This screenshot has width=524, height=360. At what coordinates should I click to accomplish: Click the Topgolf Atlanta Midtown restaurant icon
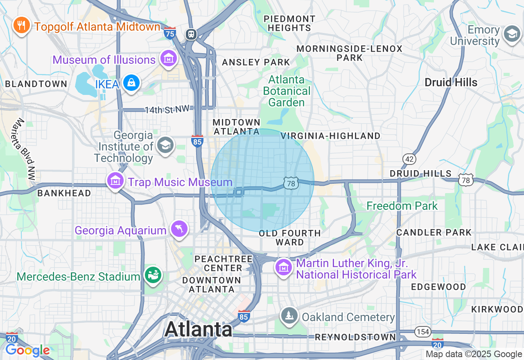click(x=21, y=26)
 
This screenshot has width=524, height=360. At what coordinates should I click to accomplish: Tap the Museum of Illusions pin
click(x=168, y=59)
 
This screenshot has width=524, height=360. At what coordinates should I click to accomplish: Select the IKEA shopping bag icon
click(x=131, y=83)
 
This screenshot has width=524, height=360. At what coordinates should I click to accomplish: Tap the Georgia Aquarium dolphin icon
click(x=179, y=228)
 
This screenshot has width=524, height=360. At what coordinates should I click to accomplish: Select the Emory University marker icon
click(x=512, y=34)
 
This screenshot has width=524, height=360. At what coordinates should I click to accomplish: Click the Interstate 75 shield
click(x=169, y=33)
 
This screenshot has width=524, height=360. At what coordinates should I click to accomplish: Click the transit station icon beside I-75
click(x=191, y=34)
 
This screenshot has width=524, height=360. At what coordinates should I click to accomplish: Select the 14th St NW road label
click(x=167, y=110)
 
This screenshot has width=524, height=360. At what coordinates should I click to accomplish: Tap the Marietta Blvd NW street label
click(x=26, y=149)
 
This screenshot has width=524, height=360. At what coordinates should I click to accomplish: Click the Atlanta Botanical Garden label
click(x=287, y=91)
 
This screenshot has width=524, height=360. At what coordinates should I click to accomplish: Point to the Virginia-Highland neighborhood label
click(x=330, y=136)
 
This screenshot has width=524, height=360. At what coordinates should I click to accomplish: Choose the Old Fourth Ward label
click(x=290, y=238)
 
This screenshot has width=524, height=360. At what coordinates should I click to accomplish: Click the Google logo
click(x=27, y=350)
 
